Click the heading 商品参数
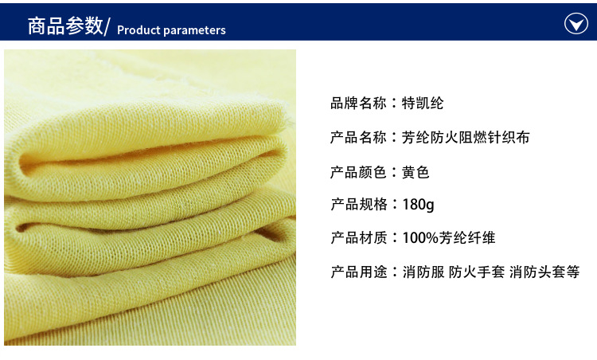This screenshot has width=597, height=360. pos(65,26)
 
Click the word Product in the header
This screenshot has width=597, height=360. pos(139,30)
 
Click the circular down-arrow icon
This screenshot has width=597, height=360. pos(576,23)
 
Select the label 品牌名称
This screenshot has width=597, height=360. pos(358,104)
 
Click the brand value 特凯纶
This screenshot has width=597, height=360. pos(423,104)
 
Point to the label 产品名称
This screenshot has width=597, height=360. pos(358,138)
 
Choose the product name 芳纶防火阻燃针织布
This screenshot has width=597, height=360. pos(466,138)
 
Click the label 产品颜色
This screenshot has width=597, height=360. pos(358,172)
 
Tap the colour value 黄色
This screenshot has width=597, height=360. pos(416,172)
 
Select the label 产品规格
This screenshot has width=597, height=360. pos(358,204)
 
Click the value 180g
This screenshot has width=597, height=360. pos(418,205)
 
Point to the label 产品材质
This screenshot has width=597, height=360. pos(358,237)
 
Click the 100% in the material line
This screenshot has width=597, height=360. pos(420,237)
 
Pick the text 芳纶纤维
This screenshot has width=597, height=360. pos(467,237)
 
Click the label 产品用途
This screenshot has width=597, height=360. pos(358,272)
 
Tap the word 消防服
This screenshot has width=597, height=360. pos(423,272)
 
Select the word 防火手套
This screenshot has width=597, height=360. pos(477,272)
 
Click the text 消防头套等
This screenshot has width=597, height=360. pos(544,272)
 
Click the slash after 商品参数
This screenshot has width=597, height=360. pos(107,26)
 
